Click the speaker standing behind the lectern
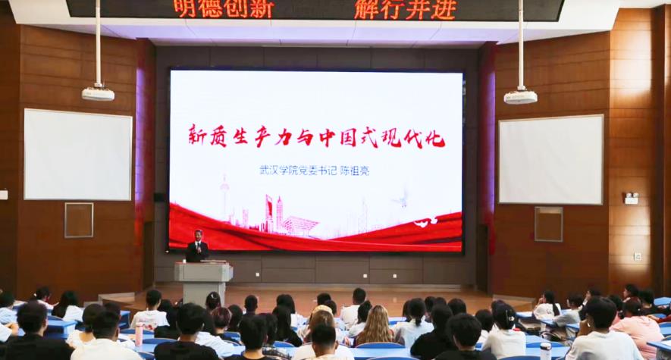(x=197, y=246)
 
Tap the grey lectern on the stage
(x=203, y=283)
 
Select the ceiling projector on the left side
(x=98, y=94)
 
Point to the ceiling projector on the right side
(x=520, y=97)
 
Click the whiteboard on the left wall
(x=78, y=155)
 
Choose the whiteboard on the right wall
(x=551, y=159)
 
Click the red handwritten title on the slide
(x=317, y=136)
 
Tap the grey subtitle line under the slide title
(x=314, y=171)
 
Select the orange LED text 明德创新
(x=224, y=9)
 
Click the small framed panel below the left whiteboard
(x=79, y=221)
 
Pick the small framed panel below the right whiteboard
(x=549, y=224)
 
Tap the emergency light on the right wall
(x=632, y=199)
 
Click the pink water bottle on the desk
(x=139, y=334)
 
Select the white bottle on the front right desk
(x=545, y=351)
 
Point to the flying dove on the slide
(x=403, y=199)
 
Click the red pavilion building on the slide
(x=300, y=225)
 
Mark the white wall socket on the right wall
(x=638, y=257)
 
